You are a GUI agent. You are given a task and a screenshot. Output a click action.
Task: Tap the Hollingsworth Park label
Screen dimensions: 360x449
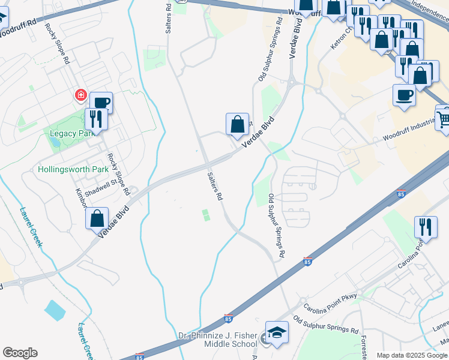tap(73, 170)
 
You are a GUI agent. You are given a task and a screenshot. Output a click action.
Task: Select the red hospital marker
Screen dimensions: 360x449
tap(80, 95)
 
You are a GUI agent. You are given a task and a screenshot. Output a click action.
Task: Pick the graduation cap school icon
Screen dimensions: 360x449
tap(277, 332)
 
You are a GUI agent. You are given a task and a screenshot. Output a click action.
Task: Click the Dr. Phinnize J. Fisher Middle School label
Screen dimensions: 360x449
tap(218, 340)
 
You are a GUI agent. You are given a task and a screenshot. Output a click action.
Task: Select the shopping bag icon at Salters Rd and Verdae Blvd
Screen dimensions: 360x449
tap(237, 124)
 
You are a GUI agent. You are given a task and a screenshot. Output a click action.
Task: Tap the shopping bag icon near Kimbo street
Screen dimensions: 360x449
tap(97, 218)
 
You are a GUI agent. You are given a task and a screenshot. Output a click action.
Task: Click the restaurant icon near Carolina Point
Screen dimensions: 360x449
tap(426, 227)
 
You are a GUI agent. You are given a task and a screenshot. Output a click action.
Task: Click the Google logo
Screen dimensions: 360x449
tap(20, 353)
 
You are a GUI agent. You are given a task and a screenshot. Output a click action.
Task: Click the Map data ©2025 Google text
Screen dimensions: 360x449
tap(412, 355)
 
